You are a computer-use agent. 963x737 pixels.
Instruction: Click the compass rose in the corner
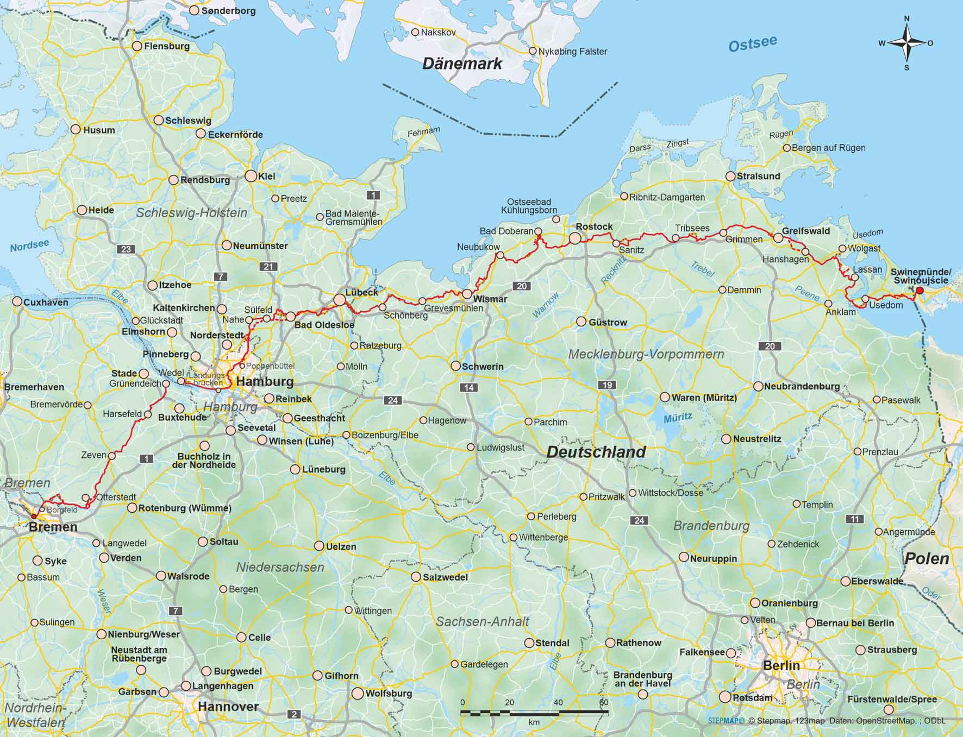click(x=906, y=43)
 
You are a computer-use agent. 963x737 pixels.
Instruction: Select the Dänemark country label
click(x=462, y=64)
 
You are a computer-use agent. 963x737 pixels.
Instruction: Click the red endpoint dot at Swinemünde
click(x=920, y=291)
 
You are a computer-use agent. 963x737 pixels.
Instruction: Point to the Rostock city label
click(x=594, y=226)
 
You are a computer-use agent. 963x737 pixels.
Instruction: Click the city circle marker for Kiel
click(x=251, y=176)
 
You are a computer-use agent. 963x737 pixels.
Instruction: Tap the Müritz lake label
click(x=678, y=418)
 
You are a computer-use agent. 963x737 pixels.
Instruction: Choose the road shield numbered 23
click(x=126, y=249)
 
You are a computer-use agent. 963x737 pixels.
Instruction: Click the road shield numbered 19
click(x=607, y=385)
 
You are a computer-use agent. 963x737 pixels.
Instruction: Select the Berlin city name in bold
click(x=781, y=665)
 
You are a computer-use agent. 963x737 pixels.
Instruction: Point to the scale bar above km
click(x=535, y=711)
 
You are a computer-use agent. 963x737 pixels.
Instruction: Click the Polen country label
click(x=926, y=558)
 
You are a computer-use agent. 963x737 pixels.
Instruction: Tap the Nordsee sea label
click(x=29, y=246)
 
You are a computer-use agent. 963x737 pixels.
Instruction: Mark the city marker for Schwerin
click(x=455, y=366)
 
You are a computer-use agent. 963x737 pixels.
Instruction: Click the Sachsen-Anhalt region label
click(x=483, y=621)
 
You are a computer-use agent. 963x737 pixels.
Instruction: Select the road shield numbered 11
click(x=855, y=519)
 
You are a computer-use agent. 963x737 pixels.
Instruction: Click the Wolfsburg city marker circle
click(x=358, y=694)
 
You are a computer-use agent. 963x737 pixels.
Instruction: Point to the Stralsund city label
click(x=758, y=176)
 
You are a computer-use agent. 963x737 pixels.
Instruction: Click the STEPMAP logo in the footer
click(x=726, y=721)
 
